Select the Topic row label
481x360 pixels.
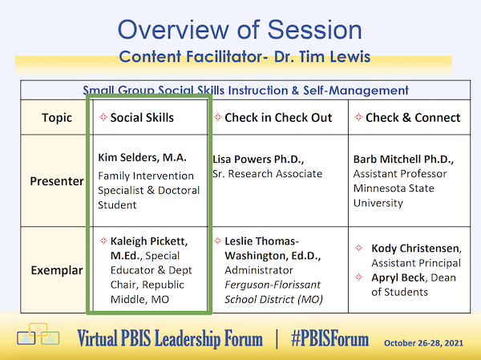tap(57, 118)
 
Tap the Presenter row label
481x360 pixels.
tap(57, 181)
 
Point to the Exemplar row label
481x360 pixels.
tap(57, 270)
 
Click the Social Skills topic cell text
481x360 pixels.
tap(142, 118)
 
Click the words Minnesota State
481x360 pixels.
tap(395, 188)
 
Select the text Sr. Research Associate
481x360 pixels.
tap(267, 173)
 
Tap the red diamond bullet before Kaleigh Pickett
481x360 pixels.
tap(102, 241)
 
